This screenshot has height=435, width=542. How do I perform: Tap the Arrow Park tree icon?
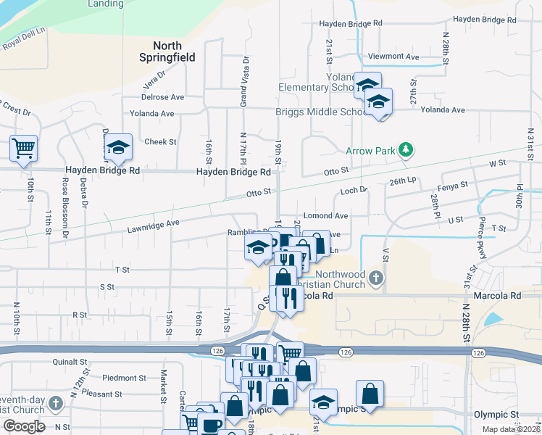[406, 150]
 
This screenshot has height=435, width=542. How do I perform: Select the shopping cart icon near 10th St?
[23, 148]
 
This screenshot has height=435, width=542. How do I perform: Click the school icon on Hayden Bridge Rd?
[117, 148]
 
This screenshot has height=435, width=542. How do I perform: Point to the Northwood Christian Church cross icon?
[375, 277]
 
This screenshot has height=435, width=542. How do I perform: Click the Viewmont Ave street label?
[393, 57]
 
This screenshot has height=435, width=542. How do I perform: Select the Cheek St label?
[161, 142]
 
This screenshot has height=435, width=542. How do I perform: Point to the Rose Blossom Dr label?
[64, 210]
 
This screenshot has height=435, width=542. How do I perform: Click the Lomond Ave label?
[325, 216]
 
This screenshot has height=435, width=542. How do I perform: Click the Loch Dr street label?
[354, 191]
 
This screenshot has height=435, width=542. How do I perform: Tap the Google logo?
[24, 426]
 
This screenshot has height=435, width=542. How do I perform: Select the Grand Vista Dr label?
[244, 82]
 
